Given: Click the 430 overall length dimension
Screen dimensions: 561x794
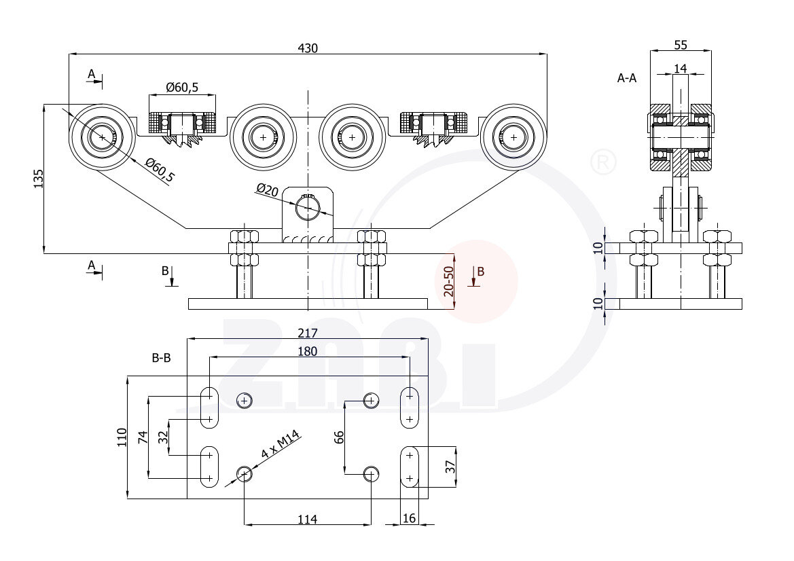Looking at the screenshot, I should click(x=308, y=48).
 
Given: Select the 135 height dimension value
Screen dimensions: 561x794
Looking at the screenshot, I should click(x=38, y=178).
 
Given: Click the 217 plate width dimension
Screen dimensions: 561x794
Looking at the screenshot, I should click(x=308, y=333).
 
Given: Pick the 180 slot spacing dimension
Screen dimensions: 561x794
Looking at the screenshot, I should click(x=308, y=351).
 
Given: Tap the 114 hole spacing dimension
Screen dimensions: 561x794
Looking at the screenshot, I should click(x=308, y=520).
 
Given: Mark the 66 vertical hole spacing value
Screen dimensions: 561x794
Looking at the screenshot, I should click(x=339, y=437).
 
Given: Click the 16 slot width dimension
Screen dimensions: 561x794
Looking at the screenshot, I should click(x=409, y=519).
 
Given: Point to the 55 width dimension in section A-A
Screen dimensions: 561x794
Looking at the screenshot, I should click(x=681, y=45).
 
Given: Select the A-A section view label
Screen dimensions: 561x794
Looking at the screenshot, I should click(x=627, y=78).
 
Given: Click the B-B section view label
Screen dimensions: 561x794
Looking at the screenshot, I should click(x=161, y=358).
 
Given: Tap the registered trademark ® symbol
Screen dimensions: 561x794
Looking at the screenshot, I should click(x=603, y=162).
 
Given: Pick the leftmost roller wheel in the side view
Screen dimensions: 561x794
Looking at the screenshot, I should click(x=102, y=137).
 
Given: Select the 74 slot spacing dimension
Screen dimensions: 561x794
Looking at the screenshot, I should click(x=143, y=437).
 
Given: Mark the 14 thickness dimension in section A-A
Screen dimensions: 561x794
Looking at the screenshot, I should click(x=681, y=68).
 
